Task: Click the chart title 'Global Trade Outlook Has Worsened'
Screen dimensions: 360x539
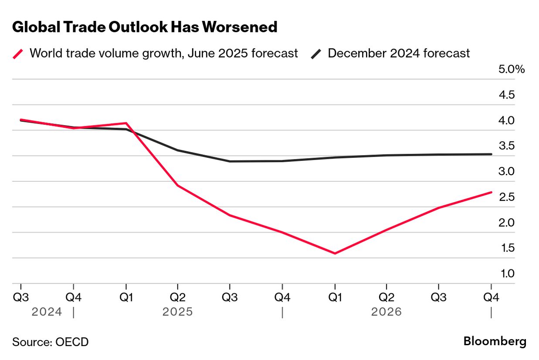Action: [x=145, y=27]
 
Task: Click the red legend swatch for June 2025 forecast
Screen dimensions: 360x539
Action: [x=18, y=54]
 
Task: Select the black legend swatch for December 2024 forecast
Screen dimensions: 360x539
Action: [x=316, y=54]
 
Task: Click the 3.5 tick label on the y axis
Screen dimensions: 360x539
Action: [x=506, y=146]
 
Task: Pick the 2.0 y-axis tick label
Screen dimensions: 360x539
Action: [x=506, y=223]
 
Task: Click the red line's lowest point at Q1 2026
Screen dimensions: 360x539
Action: [x=335, y=253]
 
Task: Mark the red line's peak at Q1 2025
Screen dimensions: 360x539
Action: [x=126, y=123]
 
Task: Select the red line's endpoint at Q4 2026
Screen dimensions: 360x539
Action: [x=491, y=192]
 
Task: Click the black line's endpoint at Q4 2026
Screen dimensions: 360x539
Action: [x=491, y=154]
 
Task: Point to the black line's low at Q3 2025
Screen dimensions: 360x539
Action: [x=230, y=161]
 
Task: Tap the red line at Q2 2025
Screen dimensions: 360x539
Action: [x=178, y=186]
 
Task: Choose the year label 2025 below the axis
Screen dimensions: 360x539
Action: [x=177, y=312]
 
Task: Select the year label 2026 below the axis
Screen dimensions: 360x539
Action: [x=386, y=312]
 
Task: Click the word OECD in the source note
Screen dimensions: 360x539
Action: [x=72, y=342]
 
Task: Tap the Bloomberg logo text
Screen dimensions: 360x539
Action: [x=495, y=341]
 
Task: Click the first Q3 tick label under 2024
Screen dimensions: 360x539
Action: [x=21, y=298]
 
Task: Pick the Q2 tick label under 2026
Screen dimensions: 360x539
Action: [x=386, y=298]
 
